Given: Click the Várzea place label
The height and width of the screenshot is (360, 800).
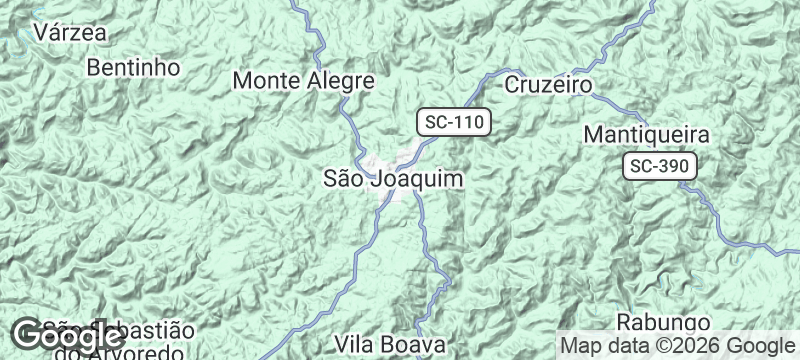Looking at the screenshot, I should point(70,32).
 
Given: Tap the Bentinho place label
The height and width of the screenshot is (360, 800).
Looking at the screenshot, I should point(133,68).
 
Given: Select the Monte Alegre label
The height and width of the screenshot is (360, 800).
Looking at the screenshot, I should point(303,81).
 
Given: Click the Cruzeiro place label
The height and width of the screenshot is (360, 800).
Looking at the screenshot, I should point(548,84).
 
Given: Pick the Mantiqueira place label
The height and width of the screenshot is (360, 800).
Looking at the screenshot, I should point(646,134).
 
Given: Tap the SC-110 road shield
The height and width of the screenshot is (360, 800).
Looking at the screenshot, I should point(453,123).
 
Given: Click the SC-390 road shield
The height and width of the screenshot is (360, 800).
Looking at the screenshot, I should point(660,167).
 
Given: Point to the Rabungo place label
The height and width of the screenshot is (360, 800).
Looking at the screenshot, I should point(663,323).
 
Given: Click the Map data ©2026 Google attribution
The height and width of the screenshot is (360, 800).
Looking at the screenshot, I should point(676,345).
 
